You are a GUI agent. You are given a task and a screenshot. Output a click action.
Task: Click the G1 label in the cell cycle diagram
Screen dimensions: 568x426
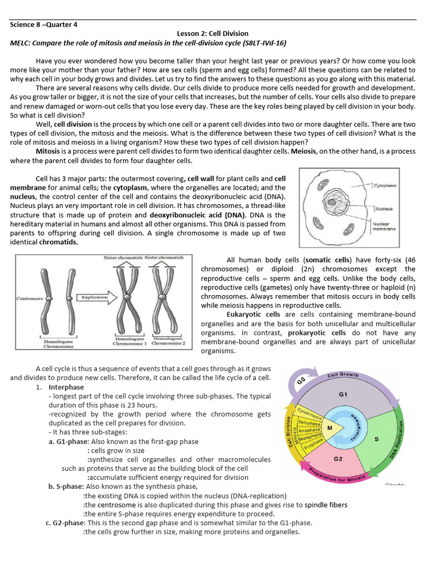(x=342, y=395)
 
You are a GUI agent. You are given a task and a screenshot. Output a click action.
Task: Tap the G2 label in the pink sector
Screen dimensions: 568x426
(x=338, y=459)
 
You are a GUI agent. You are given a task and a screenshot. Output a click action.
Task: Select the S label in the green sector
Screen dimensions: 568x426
(x=377, y=439)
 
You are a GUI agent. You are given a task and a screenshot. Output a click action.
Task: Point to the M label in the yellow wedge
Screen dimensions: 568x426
(x=329, y=428)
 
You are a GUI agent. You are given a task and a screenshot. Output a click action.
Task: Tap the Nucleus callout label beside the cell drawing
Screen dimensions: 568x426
(x=384, y=209)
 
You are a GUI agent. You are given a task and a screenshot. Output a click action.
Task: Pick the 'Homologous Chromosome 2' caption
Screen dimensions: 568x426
(x=169, y=341)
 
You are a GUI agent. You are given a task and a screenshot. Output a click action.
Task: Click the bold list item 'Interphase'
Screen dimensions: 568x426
(x=66, y=387)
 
